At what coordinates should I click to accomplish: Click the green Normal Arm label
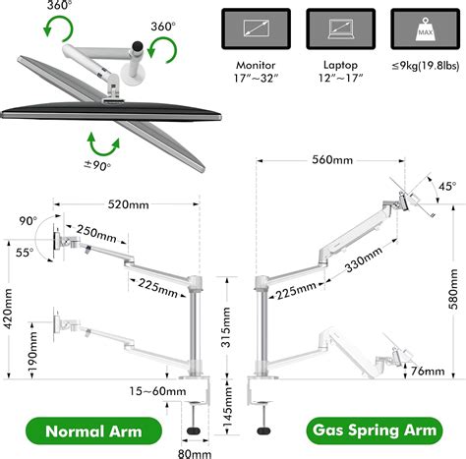(x=93, y=430)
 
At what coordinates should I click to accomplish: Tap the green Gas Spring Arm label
(x=375, y=430)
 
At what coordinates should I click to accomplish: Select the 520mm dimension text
(x=128, y=204)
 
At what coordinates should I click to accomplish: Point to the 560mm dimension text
(x=332, y=160)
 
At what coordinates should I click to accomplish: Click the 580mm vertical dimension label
(x=453, y=289)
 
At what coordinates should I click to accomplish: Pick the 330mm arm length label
(x=364, y=259)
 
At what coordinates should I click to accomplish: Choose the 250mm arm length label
(x=96, y=234)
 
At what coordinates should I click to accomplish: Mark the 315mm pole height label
(x=226, y=327)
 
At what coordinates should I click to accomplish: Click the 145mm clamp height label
(x=227, y=407)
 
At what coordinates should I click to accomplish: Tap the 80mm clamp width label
(x=195, y=454)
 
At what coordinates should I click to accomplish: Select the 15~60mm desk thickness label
(x=157, y=391)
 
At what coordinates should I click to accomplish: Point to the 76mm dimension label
(x=428, y=372)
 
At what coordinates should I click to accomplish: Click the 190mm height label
(x=32, y=351)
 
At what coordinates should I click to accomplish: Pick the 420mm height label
(x=8, y=309)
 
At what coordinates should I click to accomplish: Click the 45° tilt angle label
(x=447, y=187)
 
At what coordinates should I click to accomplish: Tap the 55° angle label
(x=25, y=253)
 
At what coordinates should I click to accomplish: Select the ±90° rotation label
(x=97, y=165)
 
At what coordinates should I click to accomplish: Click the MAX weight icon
(x=425, y=29)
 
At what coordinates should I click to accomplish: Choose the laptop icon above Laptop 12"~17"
(x=340, y=29)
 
